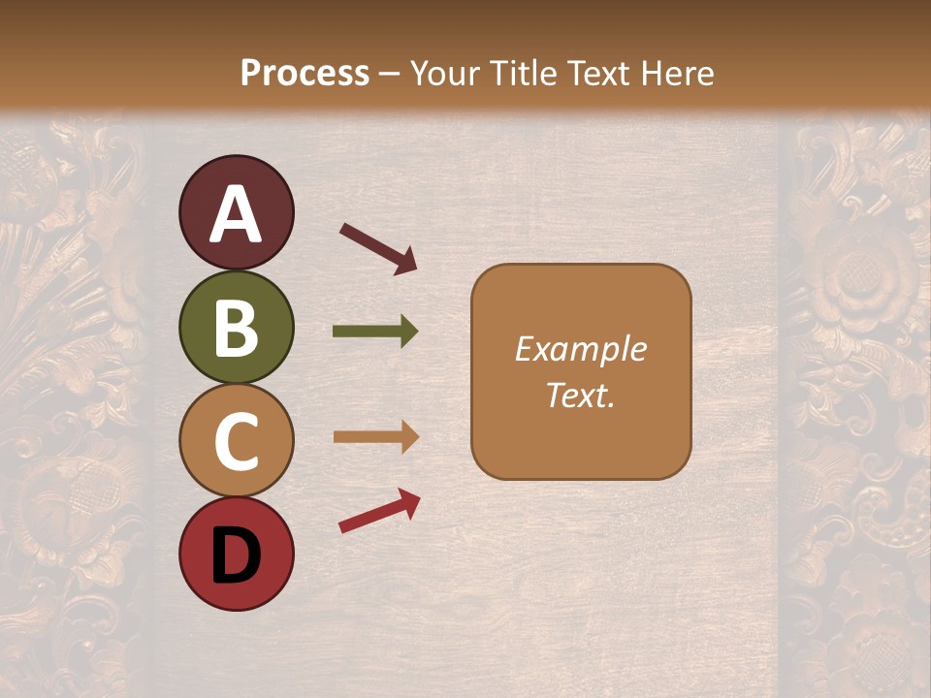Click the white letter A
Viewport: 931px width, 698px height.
[237, 214]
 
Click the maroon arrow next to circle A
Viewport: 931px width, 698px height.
[378, 248]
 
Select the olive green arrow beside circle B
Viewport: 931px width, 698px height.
[375, 332]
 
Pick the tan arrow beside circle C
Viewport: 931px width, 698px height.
[375, 436]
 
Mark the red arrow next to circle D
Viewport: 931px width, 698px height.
[379, 510]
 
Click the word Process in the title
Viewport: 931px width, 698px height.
[305, 73]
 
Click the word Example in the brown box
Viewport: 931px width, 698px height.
[580, 349]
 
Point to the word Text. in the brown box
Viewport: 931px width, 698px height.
[580, 395]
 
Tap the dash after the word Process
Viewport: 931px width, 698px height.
[389, 74]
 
